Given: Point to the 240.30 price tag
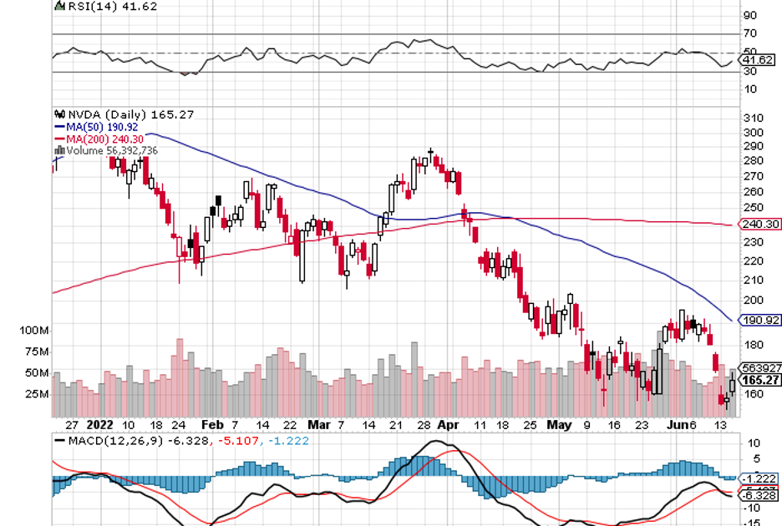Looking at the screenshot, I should [759, 224].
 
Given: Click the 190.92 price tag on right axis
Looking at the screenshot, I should [759, 320].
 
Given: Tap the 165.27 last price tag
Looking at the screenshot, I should [759, 379].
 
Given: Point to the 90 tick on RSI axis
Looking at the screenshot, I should [750, 15].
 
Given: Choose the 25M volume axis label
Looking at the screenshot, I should [38, 393].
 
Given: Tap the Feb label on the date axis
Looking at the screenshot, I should [213, 424].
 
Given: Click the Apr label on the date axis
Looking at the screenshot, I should [448, 424].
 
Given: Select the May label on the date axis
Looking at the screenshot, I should [559, 424].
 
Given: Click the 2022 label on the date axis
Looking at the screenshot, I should [99, 424].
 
